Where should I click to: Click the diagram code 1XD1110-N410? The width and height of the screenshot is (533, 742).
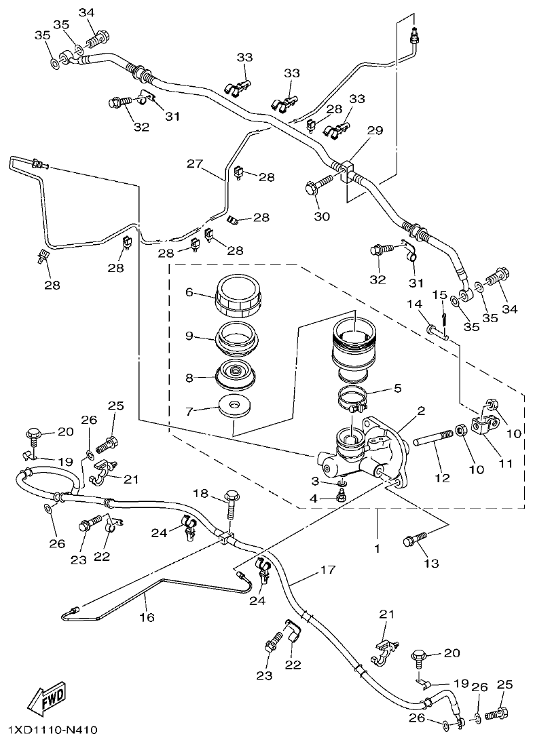[53, 730]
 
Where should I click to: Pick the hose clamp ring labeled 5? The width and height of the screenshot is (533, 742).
[354, 397]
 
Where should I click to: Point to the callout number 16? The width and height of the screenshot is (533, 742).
[147, 617]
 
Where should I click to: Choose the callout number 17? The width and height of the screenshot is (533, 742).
[328, 570]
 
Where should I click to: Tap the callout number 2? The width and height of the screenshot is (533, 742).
[421, 410]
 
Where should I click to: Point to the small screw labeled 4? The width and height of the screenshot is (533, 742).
[342, 497]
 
